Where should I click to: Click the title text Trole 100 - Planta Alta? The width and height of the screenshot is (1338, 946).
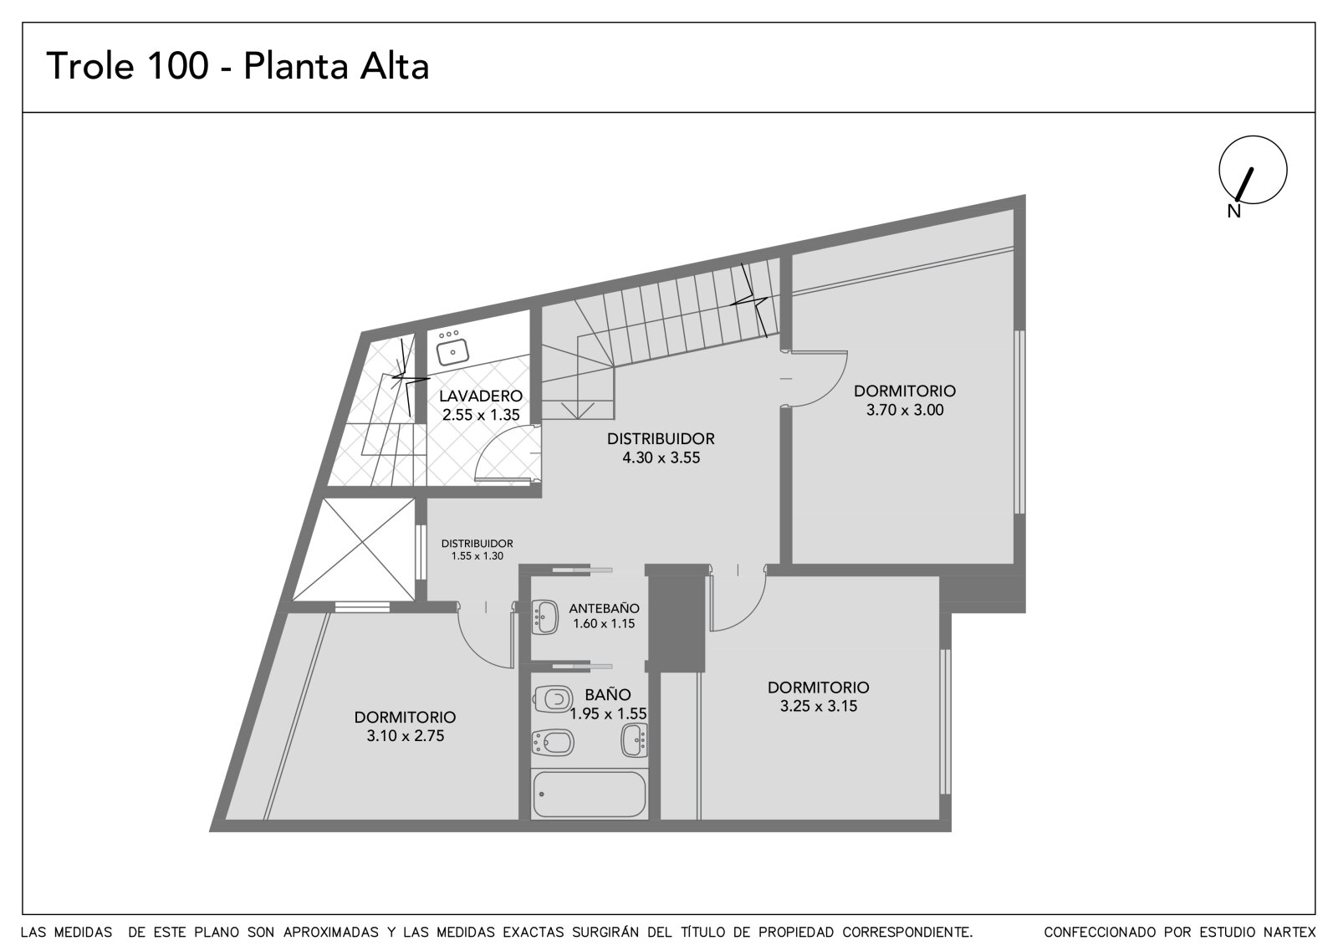tap(237, 66)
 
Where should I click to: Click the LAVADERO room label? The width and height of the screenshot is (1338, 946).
tap(481, 396)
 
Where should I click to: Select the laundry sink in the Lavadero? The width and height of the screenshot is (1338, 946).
tap(452, 351)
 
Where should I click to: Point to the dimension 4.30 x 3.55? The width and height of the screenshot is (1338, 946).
tap(661, 458)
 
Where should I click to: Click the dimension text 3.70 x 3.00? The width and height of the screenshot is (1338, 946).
tap(905, 410)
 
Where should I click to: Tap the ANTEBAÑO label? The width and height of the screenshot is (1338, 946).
tap(604, 608)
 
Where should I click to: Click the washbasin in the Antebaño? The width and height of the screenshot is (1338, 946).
tap(544, 616)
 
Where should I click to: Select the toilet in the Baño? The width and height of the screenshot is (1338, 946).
tap(553, 698)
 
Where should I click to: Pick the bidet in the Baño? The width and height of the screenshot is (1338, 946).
tap(553, 743)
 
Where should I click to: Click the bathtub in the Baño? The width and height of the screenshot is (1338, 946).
tap(589, 795)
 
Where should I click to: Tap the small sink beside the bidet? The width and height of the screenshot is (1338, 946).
tap(635, 740)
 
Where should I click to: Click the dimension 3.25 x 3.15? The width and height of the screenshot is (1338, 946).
tap(819, 706)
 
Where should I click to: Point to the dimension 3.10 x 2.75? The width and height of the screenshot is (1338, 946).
tap(406, 736)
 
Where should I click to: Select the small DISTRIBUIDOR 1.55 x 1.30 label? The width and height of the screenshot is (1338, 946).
tap(477, 550)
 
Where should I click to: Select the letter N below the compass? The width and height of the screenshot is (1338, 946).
tap(1234, 211)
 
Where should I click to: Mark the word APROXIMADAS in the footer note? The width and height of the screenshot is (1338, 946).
tap(330, 933)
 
